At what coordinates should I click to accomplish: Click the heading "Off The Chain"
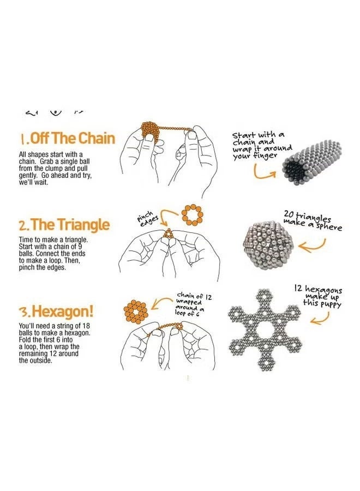point(69,138)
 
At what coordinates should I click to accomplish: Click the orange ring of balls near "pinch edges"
point(192,214)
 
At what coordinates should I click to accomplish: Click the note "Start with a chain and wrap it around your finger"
point(261,145)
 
